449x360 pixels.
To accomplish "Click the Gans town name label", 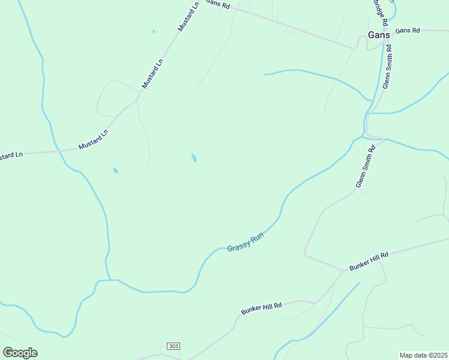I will click(x=379, y=35).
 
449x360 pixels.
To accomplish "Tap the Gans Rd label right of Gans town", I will click(x=408, y=30).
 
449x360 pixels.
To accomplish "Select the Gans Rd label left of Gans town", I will click(x=218, y=4).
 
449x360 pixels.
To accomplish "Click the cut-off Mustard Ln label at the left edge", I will click(x=11, y=155).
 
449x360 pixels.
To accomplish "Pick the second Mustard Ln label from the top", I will click(x=152, y=74).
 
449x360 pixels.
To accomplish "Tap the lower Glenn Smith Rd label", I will click(x=366, y=166).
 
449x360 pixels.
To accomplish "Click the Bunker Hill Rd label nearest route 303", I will click(x=262, y=309).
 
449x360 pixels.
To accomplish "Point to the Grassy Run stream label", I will click(x=246, y=242).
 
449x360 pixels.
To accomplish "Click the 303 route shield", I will click(x=173, y=347).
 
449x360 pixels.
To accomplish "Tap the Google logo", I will click(x=20, y=353).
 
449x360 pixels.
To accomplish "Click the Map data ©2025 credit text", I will click(x=424, y=355).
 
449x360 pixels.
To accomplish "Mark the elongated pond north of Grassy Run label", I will click(x=194, y=158).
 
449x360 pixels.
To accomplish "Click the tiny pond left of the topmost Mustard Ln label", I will click(x=154, y=31).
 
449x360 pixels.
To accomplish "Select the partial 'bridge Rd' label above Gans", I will click(x=378, y=12).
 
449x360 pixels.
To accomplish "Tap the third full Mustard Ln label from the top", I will click(x=94, y=140).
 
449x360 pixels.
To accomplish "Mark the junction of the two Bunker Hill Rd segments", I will click(x=343, y=270).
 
